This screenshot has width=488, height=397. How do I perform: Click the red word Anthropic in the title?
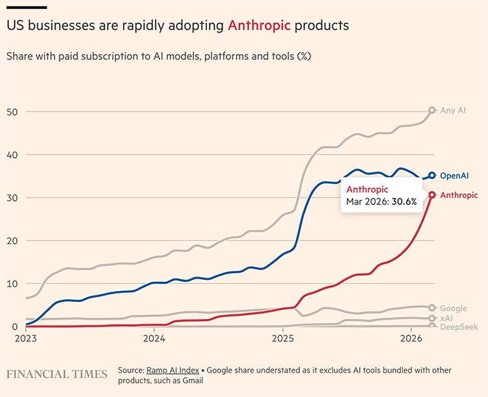(x=259, y=26)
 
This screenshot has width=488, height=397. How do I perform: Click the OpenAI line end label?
(x=455, y=176)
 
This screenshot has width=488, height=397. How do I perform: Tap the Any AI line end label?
(x=453, y=111)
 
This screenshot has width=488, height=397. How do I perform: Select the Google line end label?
(x=454, y=308)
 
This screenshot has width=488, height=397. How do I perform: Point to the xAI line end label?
(x=447, y=318)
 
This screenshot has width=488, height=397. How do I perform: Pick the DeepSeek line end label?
(x=459, y=327)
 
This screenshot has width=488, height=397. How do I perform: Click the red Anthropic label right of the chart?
(x=459, y=195)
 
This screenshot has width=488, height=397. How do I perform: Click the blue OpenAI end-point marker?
(x=432, y=175)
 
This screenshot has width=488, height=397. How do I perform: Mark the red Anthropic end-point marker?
(x=432, y=195)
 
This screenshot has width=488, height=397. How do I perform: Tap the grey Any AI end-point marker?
(x=432, y=111)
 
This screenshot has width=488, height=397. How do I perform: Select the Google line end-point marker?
(x=432, y=308)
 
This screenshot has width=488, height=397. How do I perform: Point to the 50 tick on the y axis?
(x=11, y=111)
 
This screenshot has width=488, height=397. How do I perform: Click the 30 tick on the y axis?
(x=11, y=197)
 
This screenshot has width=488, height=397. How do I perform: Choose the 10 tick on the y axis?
(x=11, y=283)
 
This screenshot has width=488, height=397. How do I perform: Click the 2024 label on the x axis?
(x=154, y=338)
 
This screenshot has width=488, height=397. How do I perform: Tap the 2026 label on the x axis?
(x=411, y=338)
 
